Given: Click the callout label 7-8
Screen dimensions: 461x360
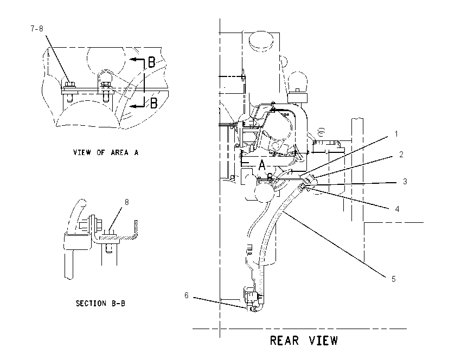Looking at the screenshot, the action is click(37, 29).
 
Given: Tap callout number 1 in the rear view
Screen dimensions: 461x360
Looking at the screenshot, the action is click(396, 134).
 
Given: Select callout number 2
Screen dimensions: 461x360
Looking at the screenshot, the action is click(401, 155).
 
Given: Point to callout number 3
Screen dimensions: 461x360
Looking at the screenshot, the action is click(405, 181).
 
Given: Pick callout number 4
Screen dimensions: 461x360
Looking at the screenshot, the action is click(397, 209).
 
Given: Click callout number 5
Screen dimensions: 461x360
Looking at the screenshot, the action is click(394, 279).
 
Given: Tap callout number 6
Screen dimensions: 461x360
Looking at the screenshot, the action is click(187, 295).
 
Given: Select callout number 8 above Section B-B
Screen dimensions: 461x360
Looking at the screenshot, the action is click(127, 202).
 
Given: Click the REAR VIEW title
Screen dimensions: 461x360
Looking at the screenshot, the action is click(304, 340).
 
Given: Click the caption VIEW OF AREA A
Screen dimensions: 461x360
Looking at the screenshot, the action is click(106, 152).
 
